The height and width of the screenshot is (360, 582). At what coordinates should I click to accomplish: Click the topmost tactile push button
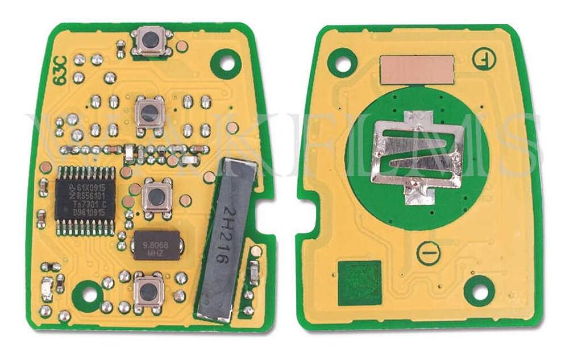point(151,42)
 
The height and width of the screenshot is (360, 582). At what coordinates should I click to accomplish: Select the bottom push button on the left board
point(149,292)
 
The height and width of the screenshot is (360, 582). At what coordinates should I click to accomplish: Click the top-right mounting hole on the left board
point(226,63)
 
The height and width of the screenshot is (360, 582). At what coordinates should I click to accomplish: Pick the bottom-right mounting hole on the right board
point(481,291)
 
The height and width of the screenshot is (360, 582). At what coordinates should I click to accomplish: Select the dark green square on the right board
point(360,282)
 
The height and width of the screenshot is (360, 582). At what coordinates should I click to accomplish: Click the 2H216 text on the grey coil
point(227,238)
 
